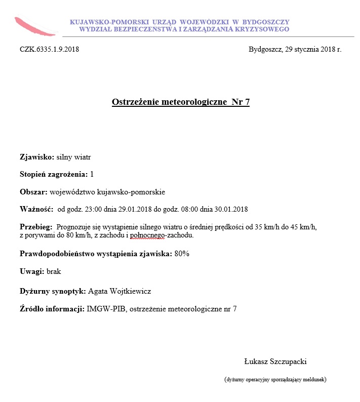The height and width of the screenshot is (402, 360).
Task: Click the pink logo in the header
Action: pyautogui.click(x=34, y=26)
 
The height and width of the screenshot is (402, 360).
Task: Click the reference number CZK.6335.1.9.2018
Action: pyautogui.click(x=49, y=50)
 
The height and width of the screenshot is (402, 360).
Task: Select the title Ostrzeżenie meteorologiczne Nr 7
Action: pyautogui.click(x=181, y=102)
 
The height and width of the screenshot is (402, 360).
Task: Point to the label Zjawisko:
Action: pyautogui.click(x=36, y=157)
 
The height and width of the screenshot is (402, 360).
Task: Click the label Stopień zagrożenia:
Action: pyautogui.click(x=53, y=174)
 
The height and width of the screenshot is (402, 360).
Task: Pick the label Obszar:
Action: pyautogui.click(x=33, y=192)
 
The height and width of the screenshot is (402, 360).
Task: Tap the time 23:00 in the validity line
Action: pyautogui.click(x=94, y=209)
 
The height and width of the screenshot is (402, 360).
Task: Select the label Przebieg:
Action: pyautogui.click(x=35, y=226)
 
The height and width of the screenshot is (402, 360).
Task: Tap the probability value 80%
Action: pyautogui.click(x=182, y=253)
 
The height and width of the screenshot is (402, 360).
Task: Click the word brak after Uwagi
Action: pyautogui.click(x=54, y=271)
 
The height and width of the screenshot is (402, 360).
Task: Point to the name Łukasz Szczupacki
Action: pyautogui.click(x=275, y=361)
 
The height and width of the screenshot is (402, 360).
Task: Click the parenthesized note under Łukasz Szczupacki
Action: pyautogui.click(x=275, y=379)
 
